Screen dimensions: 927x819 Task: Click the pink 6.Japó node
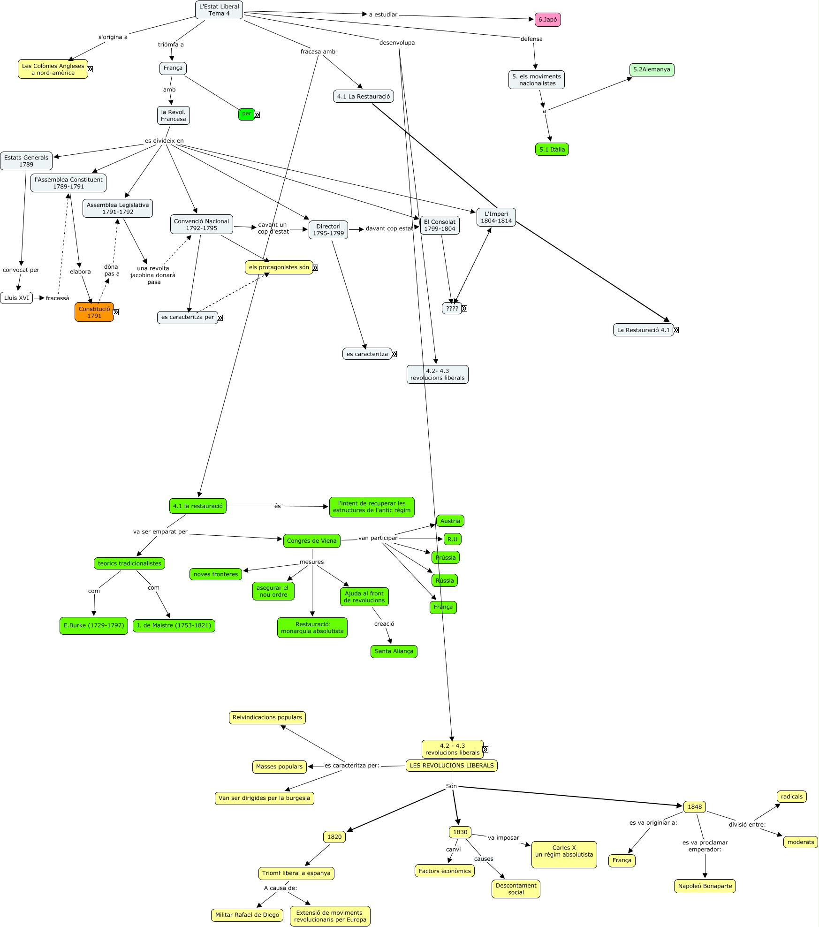pos(547,20)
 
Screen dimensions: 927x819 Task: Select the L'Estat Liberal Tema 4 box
pos(219,10)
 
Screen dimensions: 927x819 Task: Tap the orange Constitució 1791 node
pos(94,312)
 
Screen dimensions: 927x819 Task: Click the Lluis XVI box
pos(16,298)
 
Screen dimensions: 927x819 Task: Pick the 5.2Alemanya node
pos(652,69)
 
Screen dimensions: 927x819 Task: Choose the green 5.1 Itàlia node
pos(552,150)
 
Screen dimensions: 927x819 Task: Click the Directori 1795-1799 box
pos(328,230)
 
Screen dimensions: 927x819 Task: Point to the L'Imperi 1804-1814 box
pos(496,217)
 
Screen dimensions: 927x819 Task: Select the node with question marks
pos(452,309)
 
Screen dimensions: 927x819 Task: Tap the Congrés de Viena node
pos(311,541)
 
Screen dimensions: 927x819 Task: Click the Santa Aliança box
pos(394,651)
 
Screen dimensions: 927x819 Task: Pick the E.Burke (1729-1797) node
pos(94,625)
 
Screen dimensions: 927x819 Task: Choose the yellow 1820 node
pos(334,836)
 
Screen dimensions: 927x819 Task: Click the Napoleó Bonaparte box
pos(705,886)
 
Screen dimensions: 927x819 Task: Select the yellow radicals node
pos(792,796)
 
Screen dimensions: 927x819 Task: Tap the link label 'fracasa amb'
pos(318,52)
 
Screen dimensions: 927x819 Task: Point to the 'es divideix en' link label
pos(164,141)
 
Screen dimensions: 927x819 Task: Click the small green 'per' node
pos(246,114)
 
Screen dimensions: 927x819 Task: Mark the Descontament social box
pos(516,889)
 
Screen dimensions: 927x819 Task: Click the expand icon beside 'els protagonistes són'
pos(315,267)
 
